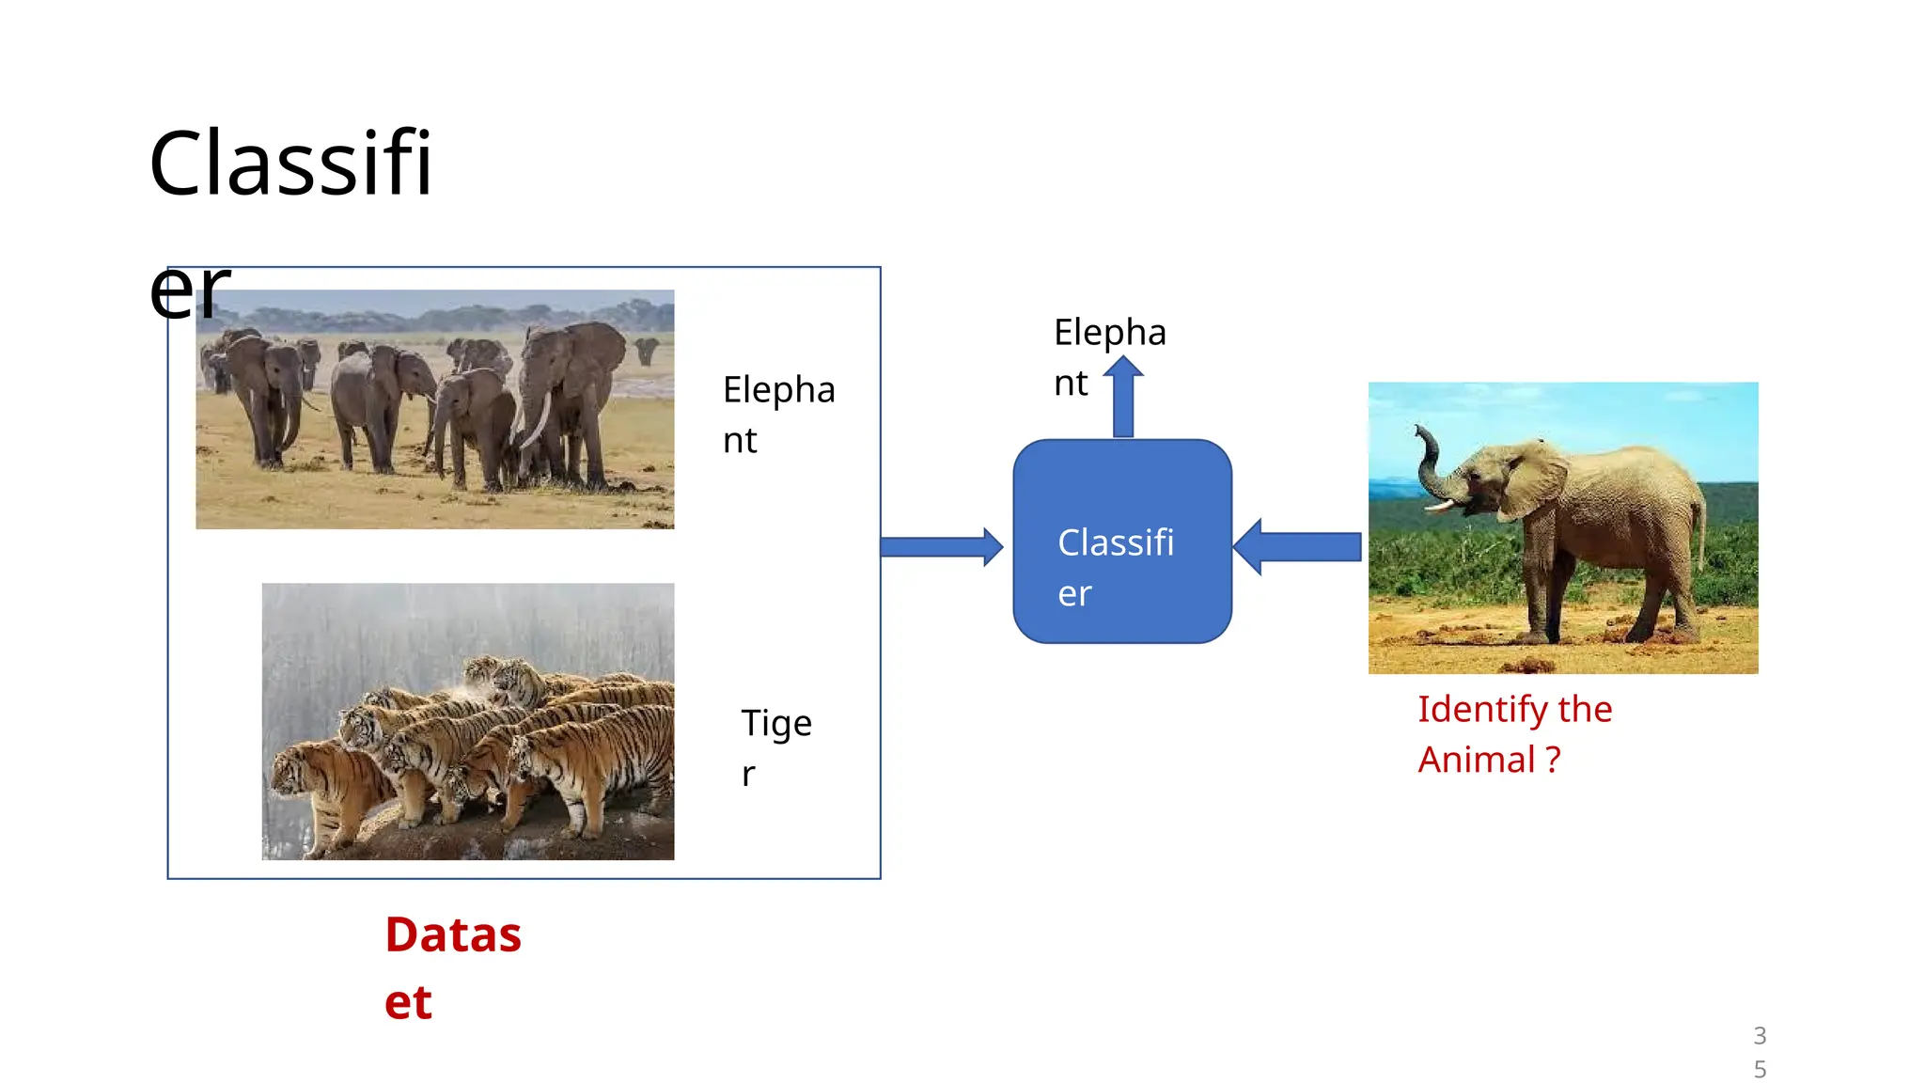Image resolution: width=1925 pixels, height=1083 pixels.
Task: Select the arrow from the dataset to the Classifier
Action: pos(940,546)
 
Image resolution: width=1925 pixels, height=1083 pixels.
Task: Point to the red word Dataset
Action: pos(452,966)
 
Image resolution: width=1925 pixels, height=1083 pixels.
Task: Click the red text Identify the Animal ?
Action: pos(1513,734)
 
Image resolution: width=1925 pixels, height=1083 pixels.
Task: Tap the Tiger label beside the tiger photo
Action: pos(775,747)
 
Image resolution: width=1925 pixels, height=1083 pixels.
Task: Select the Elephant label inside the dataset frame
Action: pos(777,415)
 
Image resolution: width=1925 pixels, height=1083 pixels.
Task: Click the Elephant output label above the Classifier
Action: pos(1108,357)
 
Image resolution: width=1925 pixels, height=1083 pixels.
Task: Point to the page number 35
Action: pos(1760,1052)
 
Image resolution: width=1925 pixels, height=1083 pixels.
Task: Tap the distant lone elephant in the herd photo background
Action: pos(647,351)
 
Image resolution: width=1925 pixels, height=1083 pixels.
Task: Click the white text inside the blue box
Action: pos(1115,567)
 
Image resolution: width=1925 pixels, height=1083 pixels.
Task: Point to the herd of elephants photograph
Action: pos(434,409)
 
